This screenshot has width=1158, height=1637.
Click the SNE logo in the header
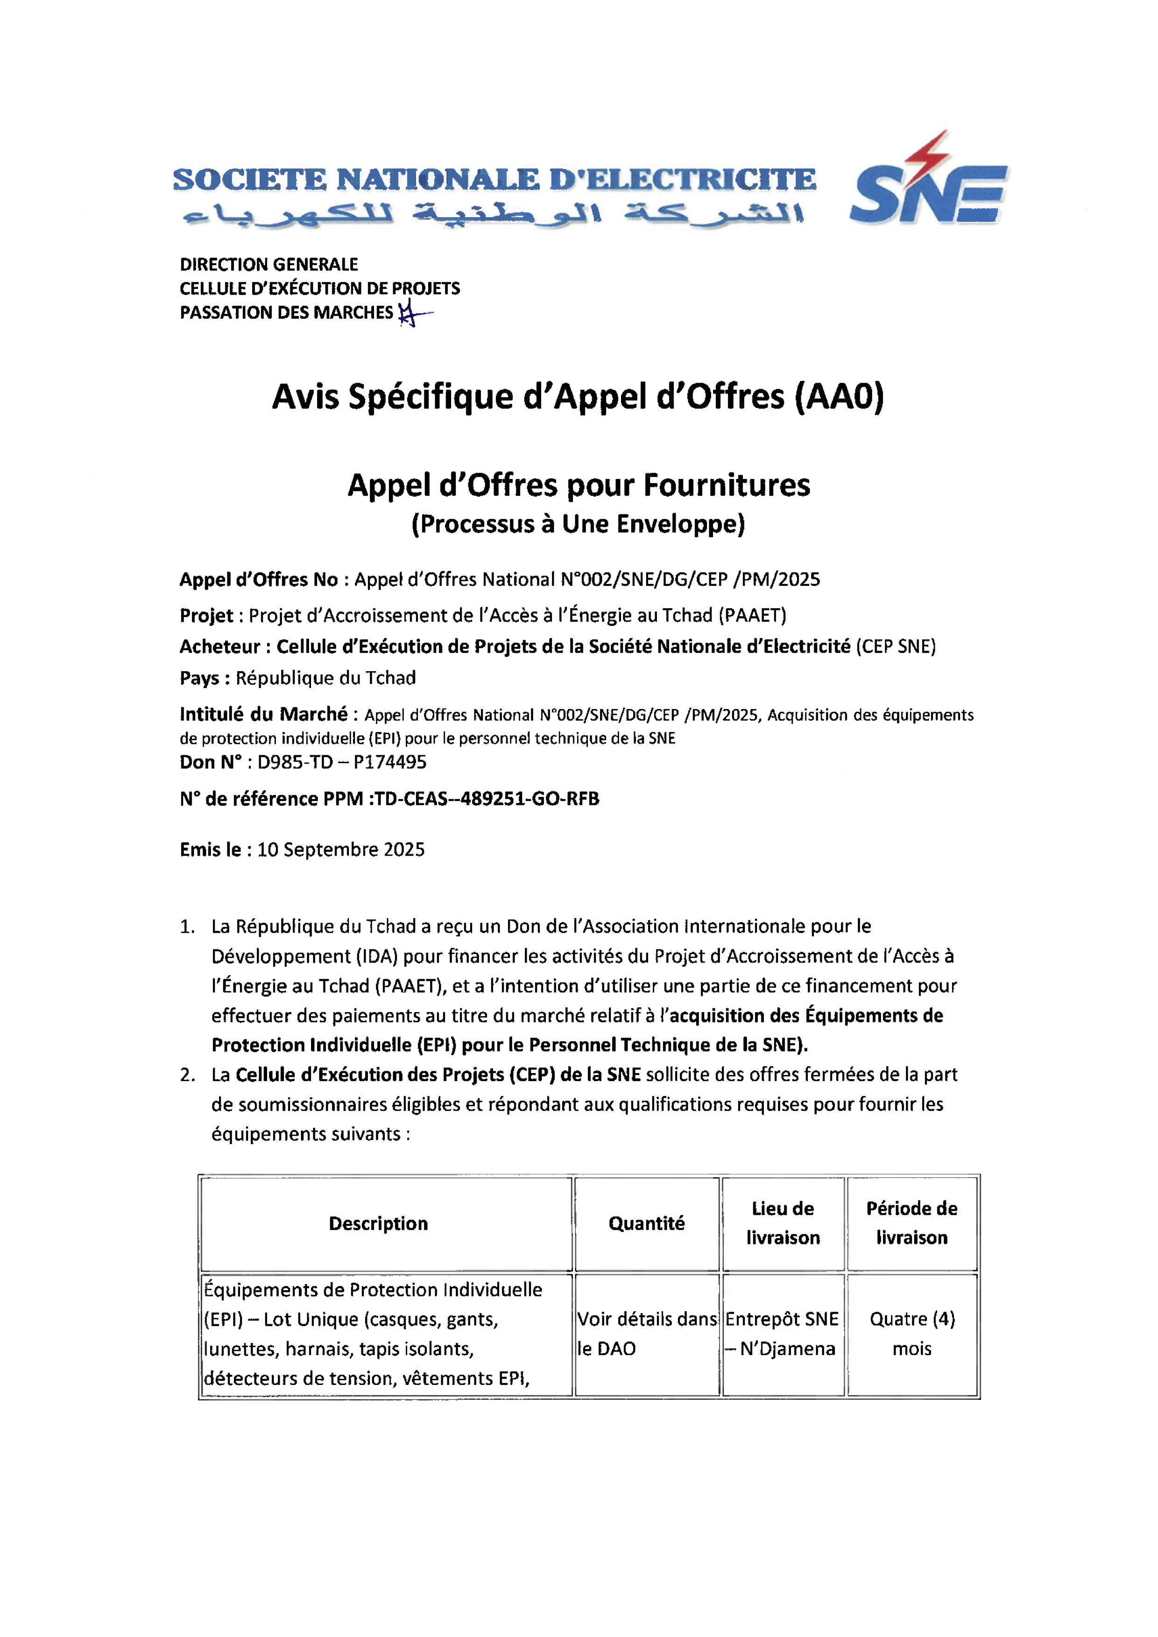(928, 187)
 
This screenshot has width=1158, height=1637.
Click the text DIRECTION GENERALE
(269, 265)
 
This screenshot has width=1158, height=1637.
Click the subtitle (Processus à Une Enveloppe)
(578, 524)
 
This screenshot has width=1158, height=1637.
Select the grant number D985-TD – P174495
(341, 762)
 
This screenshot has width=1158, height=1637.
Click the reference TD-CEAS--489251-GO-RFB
(487, 799)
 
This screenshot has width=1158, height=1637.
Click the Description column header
(379, 1223)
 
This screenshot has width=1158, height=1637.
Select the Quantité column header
(646, 1223)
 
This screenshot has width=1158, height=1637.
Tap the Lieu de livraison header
(783, 1223)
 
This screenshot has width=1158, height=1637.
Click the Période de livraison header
(911, 1223)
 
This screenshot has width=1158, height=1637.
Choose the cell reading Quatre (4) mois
(912, 1334)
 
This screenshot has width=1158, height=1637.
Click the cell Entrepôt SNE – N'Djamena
(782, 1334)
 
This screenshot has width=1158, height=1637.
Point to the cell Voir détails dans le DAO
(646, 1334)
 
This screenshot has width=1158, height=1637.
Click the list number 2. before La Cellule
(188, 1075)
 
